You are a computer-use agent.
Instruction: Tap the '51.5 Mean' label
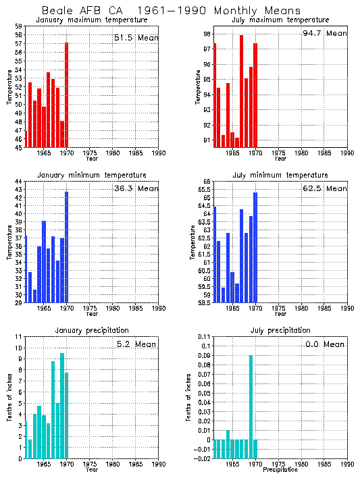(135, 38)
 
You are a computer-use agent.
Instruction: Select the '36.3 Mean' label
(135, 188)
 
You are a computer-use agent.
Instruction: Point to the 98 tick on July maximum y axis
(206, 34)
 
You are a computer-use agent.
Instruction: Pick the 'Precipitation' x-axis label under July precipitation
(280, 469)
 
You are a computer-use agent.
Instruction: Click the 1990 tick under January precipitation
(158, 464)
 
